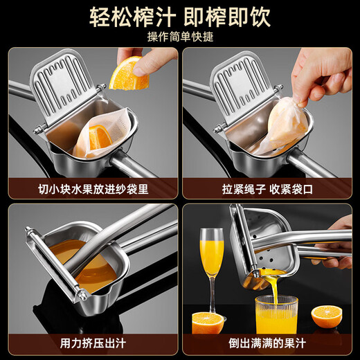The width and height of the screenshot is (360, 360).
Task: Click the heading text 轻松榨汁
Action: coord(128,17)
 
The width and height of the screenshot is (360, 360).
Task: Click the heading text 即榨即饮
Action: coord(233,17)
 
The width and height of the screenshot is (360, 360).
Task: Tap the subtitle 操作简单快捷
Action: coord(179,36)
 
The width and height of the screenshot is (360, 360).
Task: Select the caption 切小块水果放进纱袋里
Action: coord(92,188)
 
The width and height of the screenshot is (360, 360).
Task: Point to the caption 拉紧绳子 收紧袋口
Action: coord(267,188)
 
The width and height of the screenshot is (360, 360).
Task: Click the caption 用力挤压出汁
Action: coord(92,343)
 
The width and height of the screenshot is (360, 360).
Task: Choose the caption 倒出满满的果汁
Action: coord(267,343)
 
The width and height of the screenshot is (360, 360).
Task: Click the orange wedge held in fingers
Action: coord(129,74)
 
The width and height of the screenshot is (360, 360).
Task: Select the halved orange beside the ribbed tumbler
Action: coord(325,317)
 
